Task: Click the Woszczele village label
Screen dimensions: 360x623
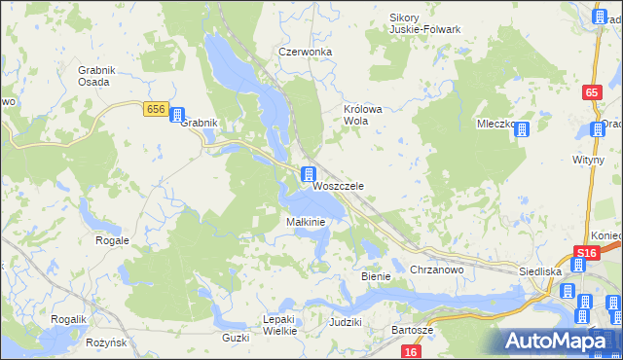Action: pos(338,185)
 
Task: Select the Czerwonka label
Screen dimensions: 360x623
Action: pos(305,52)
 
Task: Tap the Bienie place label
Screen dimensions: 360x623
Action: pos(376,276)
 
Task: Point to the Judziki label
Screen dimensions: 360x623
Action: pos(346,321)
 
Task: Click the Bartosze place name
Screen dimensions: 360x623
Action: pos(412,331)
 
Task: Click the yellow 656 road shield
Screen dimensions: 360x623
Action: pos(156,109)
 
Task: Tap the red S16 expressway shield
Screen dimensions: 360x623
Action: pos(584,254)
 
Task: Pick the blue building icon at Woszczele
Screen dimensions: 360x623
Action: pos(308,174)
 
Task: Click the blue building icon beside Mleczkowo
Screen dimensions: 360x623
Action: pos(522,129)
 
